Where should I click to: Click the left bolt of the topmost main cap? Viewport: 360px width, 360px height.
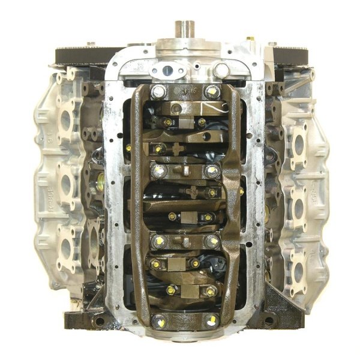[x=158, y=92]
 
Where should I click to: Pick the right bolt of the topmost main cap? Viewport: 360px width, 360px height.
[x=211, y=92]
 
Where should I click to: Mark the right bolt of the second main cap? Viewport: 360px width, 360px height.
[x=212, y=171]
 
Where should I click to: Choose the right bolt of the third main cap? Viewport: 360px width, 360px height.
[x=211, y=241]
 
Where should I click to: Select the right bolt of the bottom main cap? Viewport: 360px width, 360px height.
[x=211, y=320]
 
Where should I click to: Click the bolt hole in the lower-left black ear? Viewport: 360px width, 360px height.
[x=100, y=321]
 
